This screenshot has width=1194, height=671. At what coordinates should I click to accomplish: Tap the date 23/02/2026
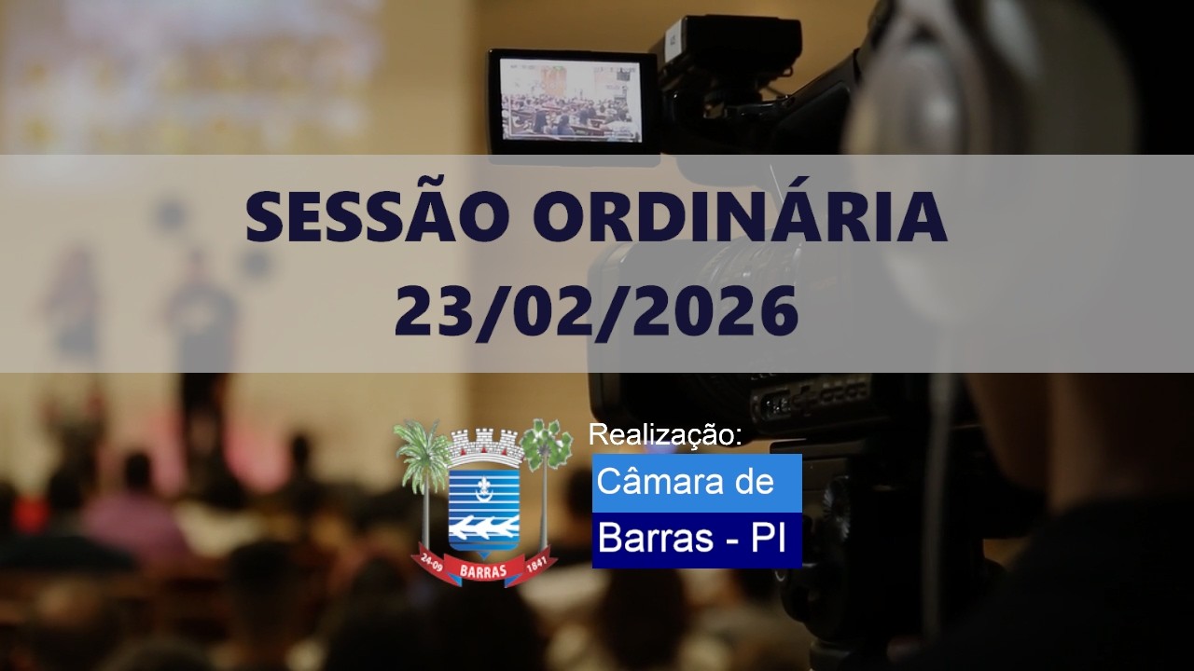(x=596, y=312)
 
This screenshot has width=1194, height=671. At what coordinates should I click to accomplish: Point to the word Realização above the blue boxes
(x=665, y=435)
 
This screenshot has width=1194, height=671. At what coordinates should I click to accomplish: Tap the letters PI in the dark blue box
(x=771, y=539)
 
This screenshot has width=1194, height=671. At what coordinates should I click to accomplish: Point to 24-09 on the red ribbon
(x=432, y=559)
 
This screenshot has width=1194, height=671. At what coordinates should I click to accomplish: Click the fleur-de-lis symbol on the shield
(x=483, y=486)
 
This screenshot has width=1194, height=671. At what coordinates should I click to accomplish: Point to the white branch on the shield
(x=483, y=528)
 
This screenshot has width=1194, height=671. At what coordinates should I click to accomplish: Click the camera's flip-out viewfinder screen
(x=571, y=100)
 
